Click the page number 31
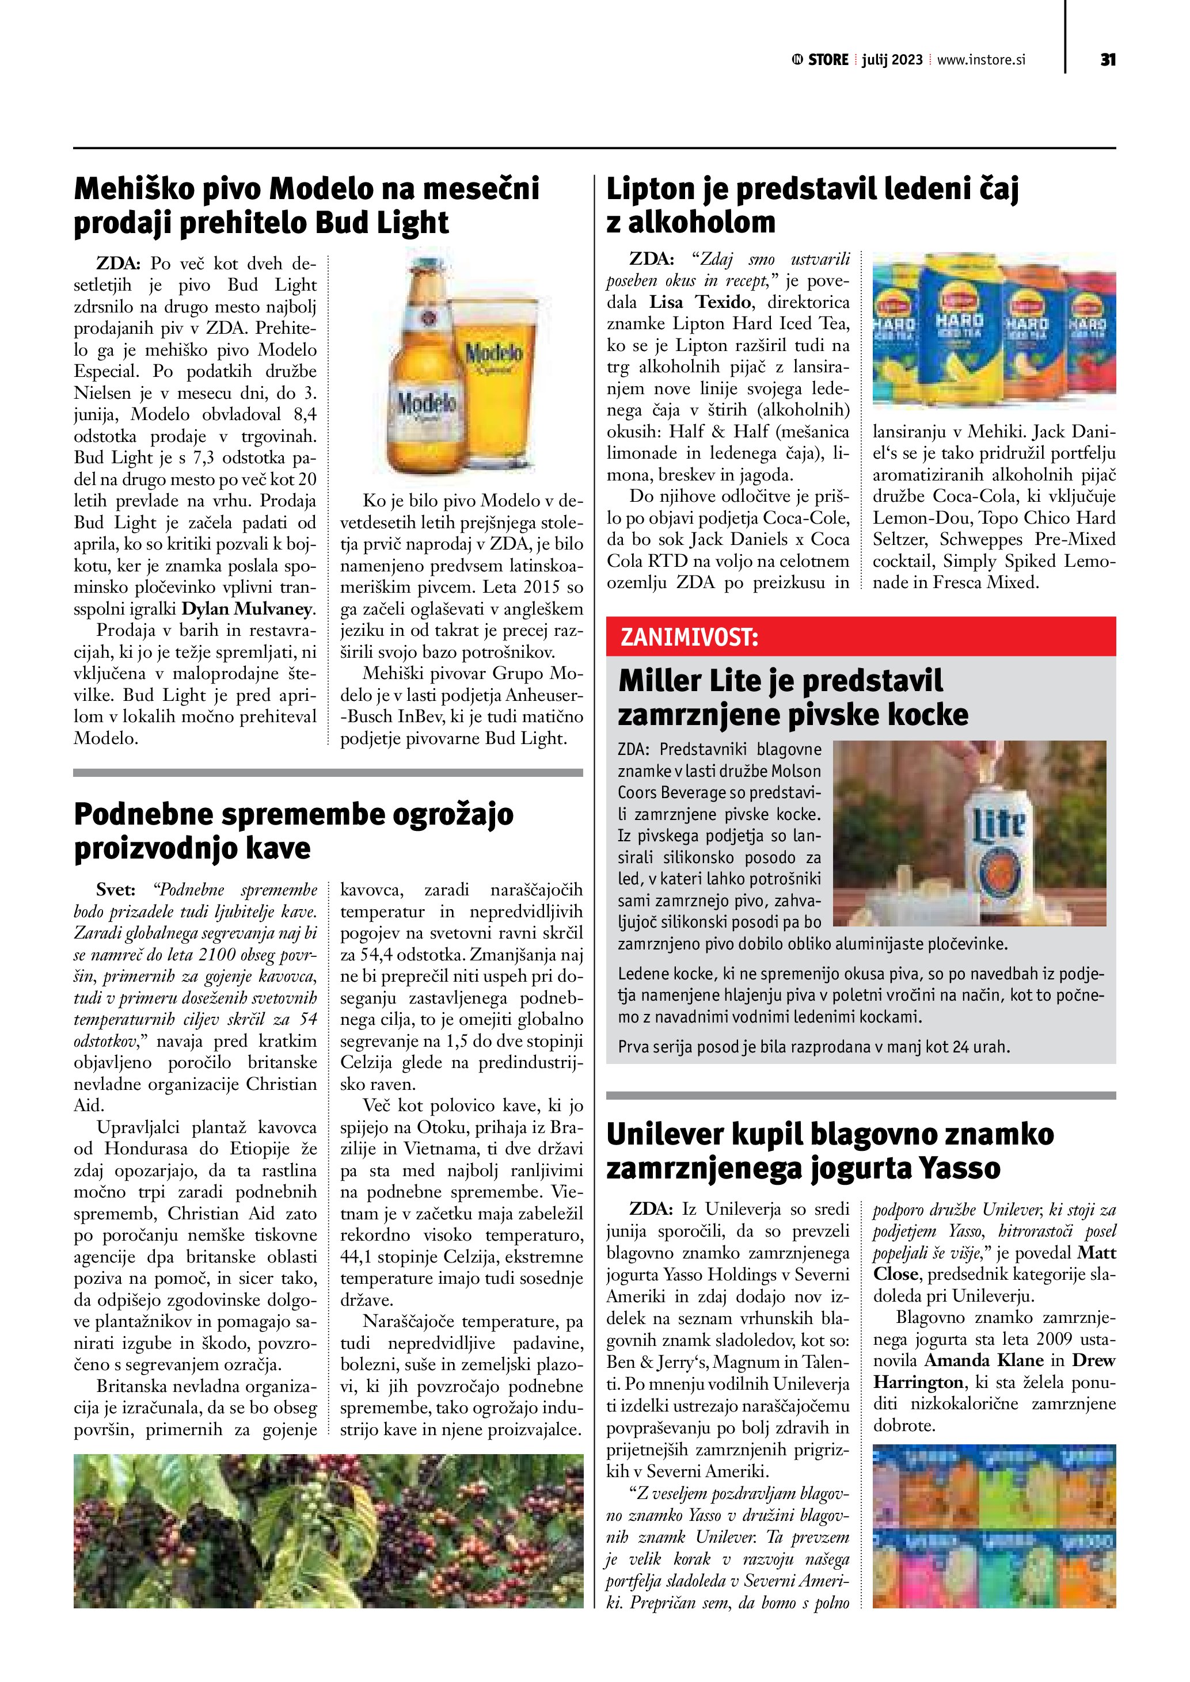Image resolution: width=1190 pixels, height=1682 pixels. click(1107, 60)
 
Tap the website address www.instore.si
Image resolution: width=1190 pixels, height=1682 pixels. click(980, 60)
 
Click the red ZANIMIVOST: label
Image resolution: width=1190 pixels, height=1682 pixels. click(689, 636)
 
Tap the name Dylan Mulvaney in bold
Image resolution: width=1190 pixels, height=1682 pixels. click(248, 609)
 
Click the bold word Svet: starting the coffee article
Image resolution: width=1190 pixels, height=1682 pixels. click(116, 890)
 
